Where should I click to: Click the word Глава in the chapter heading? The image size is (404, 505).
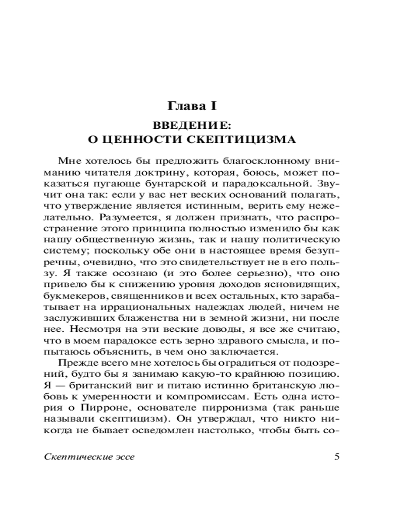(186, 107)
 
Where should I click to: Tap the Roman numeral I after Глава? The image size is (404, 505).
(214, 107)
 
